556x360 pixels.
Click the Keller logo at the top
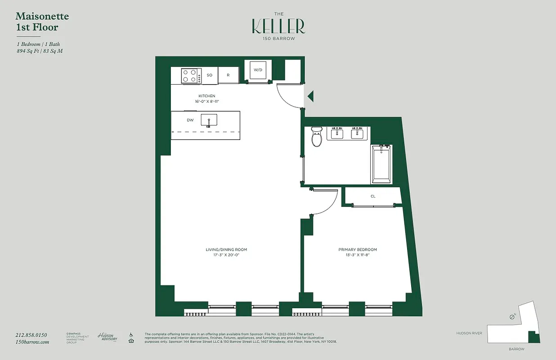click(x=278, y=27)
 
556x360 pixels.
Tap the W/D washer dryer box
click(x=258, y=70)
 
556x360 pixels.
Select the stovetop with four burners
click(x=191, y=75)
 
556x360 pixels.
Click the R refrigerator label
click(x=228, y=75)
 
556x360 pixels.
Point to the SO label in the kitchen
click(x=209, y=75)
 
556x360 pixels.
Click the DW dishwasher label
click(x=190, y=120)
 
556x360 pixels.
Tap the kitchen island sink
click(x=209, y=120)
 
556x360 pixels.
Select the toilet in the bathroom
click(x=317, y=137)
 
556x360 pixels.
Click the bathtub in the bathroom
click(x=381, y=164)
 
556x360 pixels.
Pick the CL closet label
click(x=373, y=196)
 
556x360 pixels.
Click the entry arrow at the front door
click(x=310, y=96)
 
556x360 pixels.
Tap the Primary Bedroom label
click(x=358, y=249)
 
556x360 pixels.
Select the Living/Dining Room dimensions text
click(x=230, y=255)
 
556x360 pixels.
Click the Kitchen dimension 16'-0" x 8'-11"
click(x=207, y=102)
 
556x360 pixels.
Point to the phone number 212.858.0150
click(x=31, y=335)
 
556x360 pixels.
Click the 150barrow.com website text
click(x=32, y=342)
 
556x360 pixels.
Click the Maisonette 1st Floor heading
click(x=42, y=22)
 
